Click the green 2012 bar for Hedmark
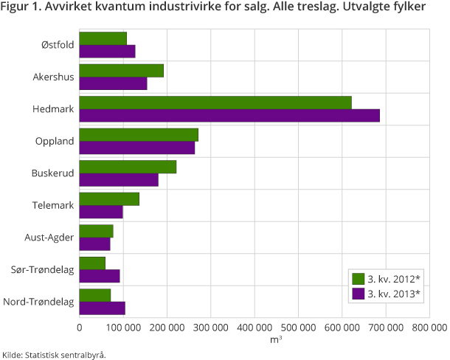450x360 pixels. (x=215, y=103)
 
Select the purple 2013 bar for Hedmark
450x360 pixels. (x=229, y=115)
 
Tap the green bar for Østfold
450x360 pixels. (x=103, y=38)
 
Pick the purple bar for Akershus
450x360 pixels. (x=113, y=83)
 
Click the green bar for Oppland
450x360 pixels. (x=139, y=134)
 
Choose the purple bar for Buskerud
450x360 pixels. (x=119, y=179)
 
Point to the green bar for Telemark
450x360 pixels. (x=109, y=198)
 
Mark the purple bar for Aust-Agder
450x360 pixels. (x=94, y=243)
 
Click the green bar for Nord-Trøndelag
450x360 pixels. (x=95, y=295)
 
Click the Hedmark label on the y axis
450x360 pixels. (x=53, y=109)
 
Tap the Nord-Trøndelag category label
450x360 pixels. (x=38, y=302)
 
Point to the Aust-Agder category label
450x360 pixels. (x=49, y=237)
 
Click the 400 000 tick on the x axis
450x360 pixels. (x=255, y=326)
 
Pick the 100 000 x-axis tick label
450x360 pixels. (x=123, y=326)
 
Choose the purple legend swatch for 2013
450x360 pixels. (x=359, y=294)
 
